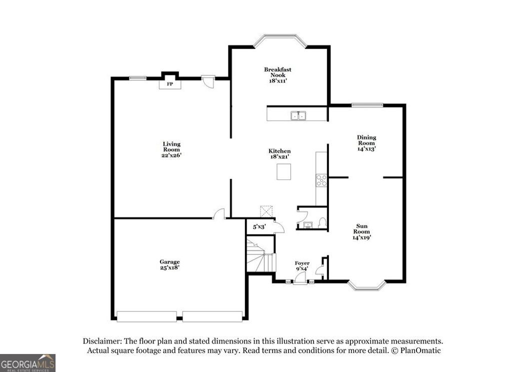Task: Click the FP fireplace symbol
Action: [170, 84]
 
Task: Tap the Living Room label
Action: [171, 149]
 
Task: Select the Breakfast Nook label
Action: [278, 75]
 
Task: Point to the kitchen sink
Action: [299, 116]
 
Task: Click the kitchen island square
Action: [283, 172]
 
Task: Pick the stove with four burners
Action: [321, 180]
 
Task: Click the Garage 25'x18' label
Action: [169, 264]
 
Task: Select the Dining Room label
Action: [366, 143]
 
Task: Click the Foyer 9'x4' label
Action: [301, 266]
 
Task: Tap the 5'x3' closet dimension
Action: [258, 226]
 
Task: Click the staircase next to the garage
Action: [260, 255]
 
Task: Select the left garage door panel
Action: [146, 316]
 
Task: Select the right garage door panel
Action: [212, 316]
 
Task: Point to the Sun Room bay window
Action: [367, 285]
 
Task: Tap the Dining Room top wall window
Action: [367, 105]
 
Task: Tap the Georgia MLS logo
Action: [27, 362]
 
